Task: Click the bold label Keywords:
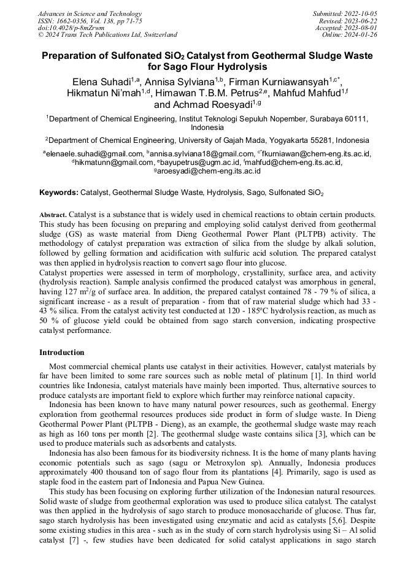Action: coord(58,193)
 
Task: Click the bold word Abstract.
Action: coord(52,215)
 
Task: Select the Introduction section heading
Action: coord(62,353)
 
